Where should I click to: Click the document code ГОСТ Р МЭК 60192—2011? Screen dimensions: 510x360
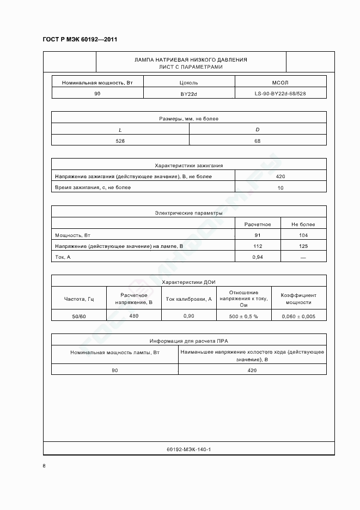coord(80,39)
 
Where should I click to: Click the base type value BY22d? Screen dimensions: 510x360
coord(189,94)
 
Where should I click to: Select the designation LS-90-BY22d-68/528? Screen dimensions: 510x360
coord(280,94)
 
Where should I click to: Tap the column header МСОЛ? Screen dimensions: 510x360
coord(279,83)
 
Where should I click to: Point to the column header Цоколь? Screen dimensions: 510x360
coord(189,83)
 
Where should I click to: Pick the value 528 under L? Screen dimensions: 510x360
coord(120,141)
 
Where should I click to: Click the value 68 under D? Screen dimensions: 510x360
coord(258,141)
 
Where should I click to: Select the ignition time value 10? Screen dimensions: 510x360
coord(280,187)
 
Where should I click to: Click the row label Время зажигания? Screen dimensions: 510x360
coord(93,187)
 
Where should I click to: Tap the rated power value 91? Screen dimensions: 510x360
coord(258,235)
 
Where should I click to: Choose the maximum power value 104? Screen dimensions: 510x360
coord(303,235)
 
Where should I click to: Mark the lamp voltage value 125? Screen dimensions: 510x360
coord(303,246)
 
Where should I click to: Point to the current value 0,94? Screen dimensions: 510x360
coord(258,257)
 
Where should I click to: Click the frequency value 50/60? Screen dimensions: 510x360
coord(79,316)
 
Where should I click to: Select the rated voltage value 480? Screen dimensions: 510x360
coord(134,315)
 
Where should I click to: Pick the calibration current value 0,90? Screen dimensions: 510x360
coord(188,316)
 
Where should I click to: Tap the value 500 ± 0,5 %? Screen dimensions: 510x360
coord(243,316)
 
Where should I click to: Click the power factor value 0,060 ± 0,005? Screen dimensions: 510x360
coord(298,316)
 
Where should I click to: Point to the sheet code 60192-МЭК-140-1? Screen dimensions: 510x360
coord(188,450)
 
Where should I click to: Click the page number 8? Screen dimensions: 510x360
coord(44,466)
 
